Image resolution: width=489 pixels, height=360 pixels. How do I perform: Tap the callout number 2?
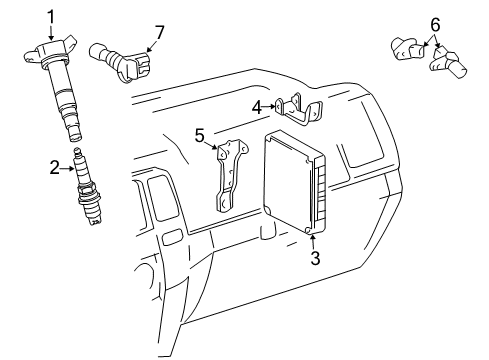[x=56, y=168]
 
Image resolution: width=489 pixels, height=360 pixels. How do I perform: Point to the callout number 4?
[x=257, y=107]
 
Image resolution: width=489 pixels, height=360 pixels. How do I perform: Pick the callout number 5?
[x=199, y=133]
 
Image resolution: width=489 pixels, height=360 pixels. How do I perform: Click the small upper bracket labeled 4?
[x=299, y=108]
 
